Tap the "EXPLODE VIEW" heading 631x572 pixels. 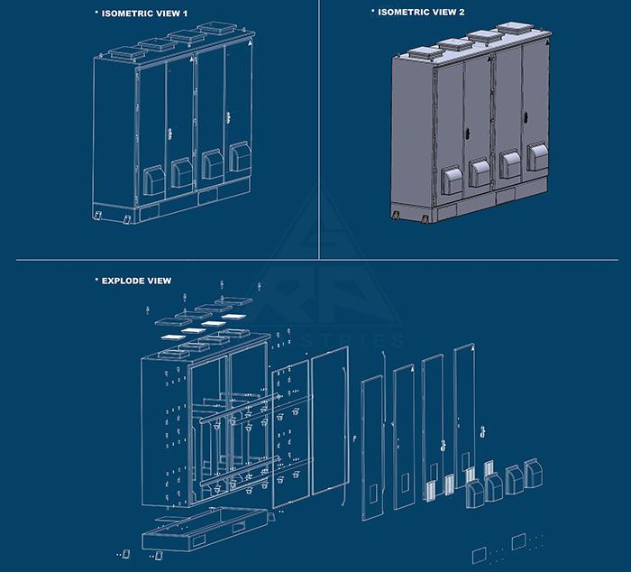point(135,281)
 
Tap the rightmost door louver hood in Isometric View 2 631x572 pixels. point(537,158)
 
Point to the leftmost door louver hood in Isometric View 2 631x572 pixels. point(452,174)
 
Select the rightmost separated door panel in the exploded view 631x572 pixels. point(465,406)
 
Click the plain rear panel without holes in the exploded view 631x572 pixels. point(330,420)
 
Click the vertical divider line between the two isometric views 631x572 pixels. point(319,126)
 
